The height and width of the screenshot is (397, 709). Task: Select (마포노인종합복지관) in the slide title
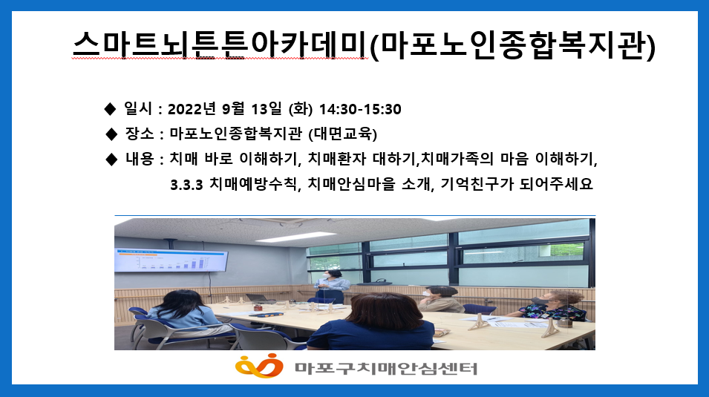(512, 47)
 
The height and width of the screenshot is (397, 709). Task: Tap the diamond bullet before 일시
(110, 110)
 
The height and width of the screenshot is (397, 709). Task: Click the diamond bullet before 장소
(111, 134)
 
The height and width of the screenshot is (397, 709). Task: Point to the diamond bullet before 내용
(111, 159)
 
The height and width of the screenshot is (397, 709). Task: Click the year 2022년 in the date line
(193, 110)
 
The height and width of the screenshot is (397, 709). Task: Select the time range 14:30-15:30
(360, 110)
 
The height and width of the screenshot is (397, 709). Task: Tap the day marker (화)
(300, 110)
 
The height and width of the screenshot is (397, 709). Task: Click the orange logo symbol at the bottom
(259, 366)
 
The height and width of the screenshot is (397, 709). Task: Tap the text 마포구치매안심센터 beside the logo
(385, 367)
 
